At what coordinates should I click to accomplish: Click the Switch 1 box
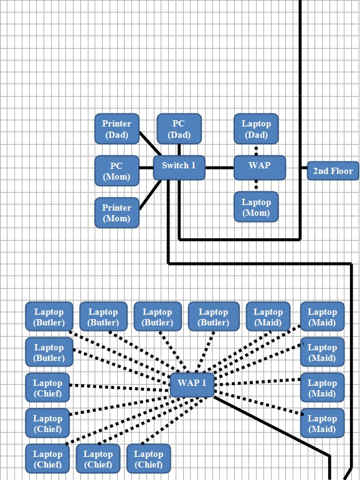[x=179, y=168]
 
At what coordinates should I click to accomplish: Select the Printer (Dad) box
[x=117, y=129]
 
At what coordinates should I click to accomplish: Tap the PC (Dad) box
[x=179, y=129]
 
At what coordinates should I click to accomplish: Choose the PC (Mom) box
[x=117, y=171]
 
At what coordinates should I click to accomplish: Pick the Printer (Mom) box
[x=117, y=213]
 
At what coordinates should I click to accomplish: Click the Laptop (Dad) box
[x=257, y=129]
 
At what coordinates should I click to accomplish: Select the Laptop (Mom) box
[x=257, y=206]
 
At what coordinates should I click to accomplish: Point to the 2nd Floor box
[x=333, y=171]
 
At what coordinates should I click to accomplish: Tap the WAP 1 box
[x=192, y=385]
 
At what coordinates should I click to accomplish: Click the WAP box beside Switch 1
[x=260, y=168]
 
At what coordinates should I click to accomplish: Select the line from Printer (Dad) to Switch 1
[x=150, y=143]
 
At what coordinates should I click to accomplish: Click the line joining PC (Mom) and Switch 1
[x=146, y=168]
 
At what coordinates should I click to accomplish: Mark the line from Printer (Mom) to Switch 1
[x=150, y=195]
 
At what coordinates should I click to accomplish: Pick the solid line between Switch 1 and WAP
[x=219, y=168]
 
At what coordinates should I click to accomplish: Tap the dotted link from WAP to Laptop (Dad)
[x=257, y=150]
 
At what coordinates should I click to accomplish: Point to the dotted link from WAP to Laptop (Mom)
[x=257, y=186]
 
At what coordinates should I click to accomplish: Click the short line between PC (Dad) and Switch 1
[x=179, y=150]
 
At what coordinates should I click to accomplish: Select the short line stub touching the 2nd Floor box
[x=304, y=168]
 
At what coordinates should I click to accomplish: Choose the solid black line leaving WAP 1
[x=272, y=427]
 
